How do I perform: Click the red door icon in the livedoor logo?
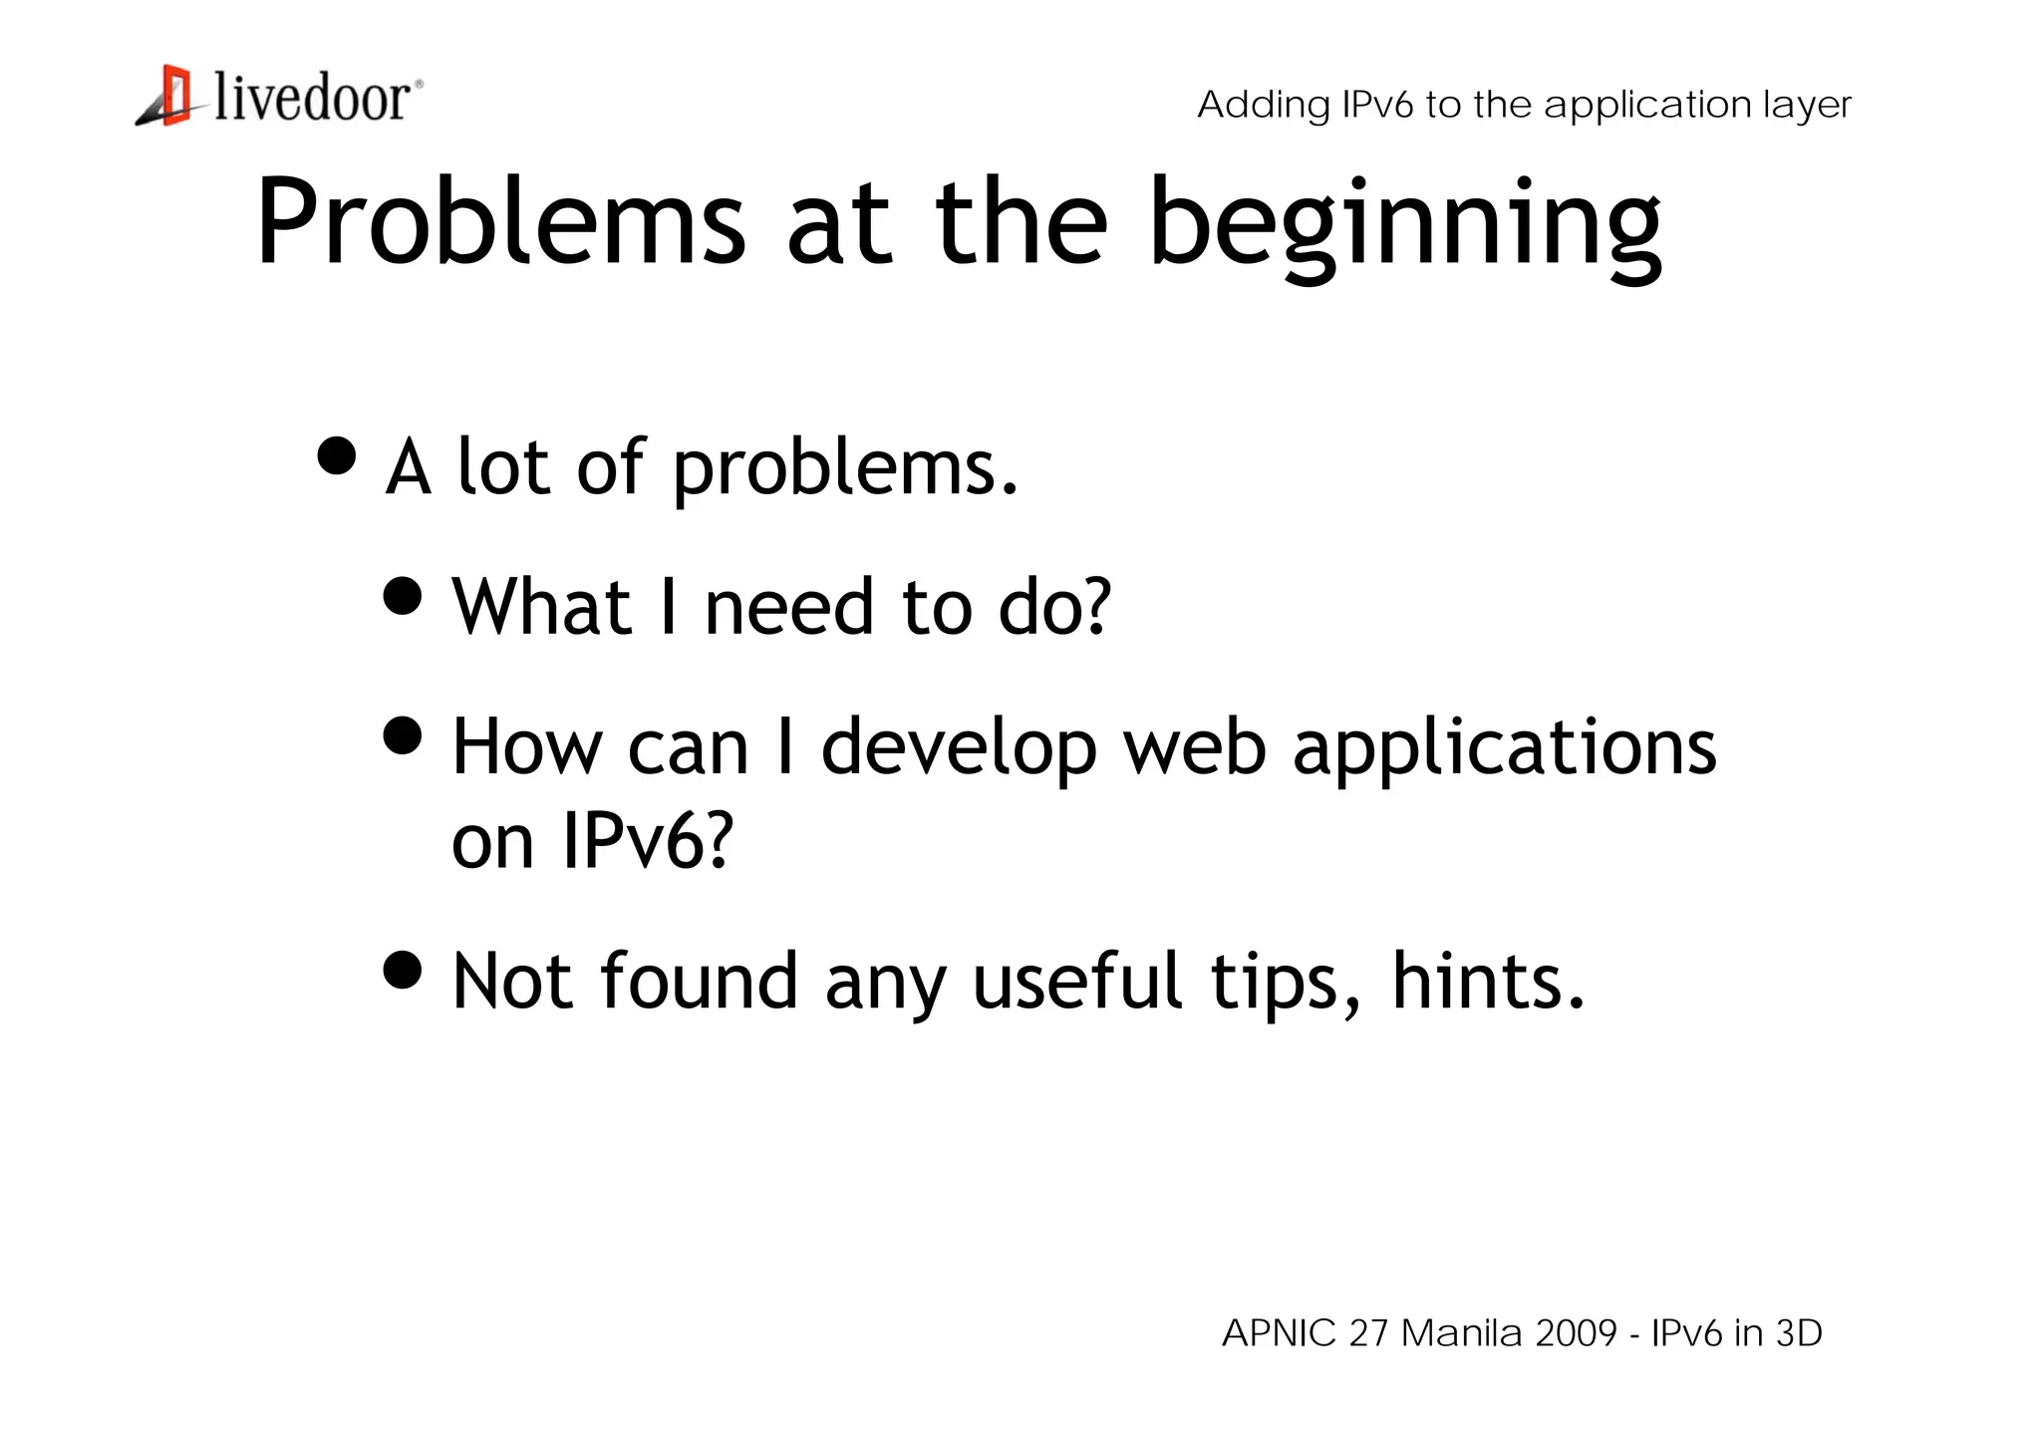pos(175,95)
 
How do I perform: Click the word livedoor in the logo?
pos(311,99)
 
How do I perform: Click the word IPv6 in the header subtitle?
pos(1377,105)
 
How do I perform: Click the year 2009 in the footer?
pos(1577,1332)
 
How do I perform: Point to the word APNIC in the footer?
pos(1279,1332)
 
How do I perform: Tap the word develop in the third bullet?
pos(959,749)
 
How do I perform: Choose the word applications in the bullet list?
pos(1505,749)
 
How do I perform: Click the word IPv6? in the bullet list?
pos(648,840)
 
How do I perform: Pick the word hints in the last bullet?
pos(1487,982)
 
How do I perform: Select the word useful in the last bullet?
pos(1078,982)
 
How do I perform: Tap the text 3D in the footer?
pos(1799,1332)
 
